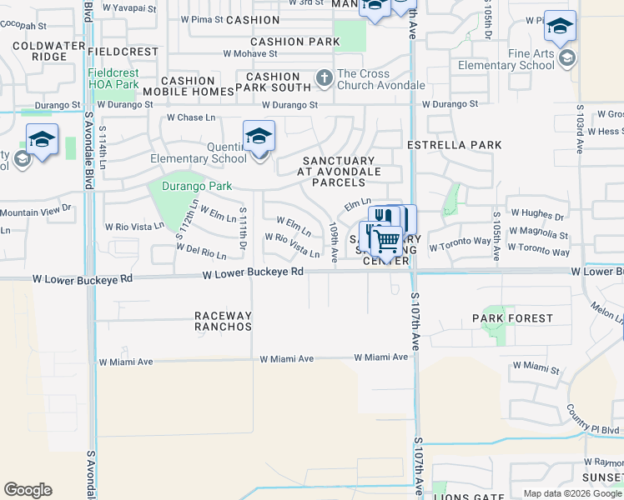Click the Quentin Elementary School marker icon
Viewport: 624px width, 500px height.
259,136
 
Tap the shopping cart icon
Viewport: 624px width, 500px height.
385,242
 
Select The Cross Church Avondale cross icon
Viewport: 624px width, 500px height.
325,79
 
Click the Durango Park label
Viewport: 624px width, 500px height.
197,186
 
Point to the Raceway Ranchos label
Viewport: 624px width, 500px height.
223,321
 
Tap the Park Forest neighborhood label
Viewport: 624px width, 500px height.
512,318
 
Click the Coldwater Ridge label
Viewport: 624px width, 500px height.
38,50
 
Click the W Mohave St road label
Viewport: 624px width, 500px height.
249,53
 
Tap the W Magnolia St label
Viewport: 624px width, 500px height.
540,236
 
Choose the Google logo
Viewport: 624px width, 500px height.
28,490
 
